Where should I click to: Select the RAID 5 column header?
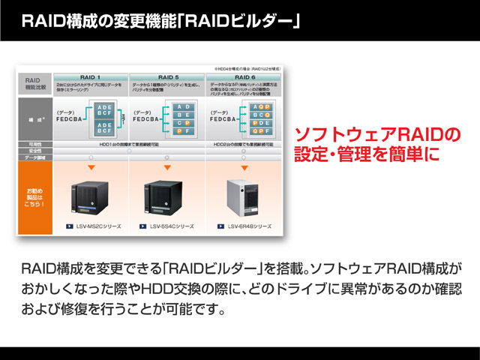pyautogui.click(x=167, y=76)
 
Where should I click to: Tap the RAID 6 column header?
pyautogui.click(x=245, y=76)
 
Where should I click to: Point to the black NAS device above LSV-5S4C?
pyautogui.click(x=166, y=195)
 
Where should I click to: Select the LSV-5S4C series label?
pyautogui.click(x=171, y=226)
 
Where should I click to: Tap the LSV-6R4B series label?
pyautogui.click(x=250, y=226)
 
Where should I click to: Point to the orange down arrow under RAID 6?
pyautogui.click(x=244, y=166)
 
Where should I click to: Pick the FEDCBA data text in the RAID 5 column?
pyautogui.click(x=149, y=118)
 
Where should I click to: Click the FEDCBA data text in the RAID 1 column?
pyautogui.click(x=72, y=118)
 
